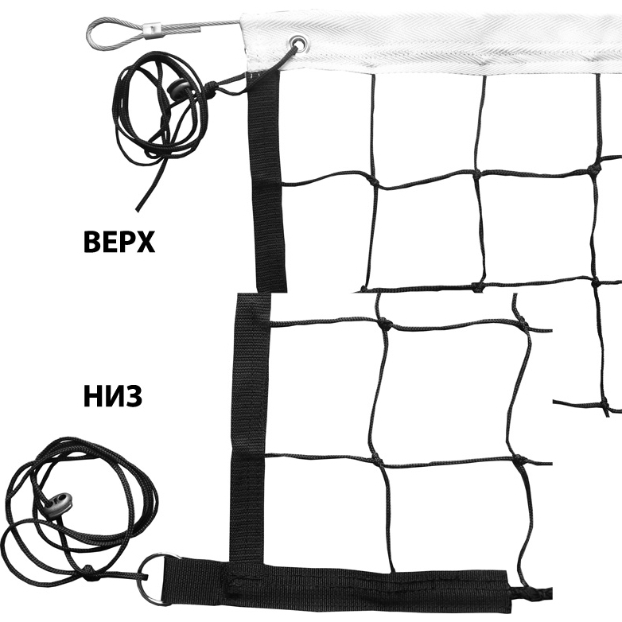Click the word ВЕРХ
coord(119,242)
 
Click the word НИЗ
coord(113,396)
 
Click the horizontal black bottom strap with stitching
coord(337,586)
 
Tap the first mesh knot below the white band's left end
coord(373,182)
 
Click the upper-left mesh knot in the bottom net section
coord(385,323)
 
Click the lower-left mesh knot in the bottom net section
coord(377,461)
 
